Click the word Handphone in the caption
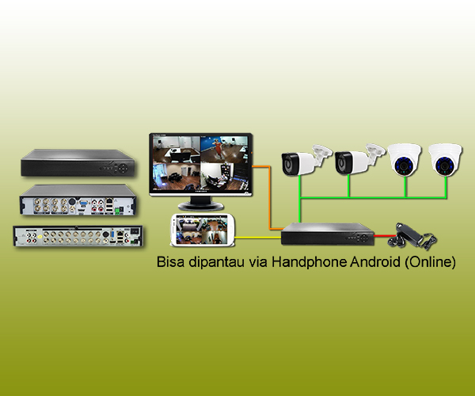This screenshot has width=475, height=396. (x=310, y=261)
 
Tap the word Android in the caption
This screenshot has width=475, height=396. (x=375, y=261)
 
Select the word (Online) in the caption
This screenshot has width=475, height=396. (x=430, y=262)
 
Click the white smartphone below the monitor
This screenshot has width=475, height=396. (x=203, y=230)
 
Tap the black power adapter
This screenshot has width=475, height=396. (x=412, y=236)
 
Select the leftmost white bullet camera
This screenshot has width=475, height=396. (x=306, y=160)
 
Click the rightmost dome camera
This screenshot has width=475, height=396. (x=445, y=159)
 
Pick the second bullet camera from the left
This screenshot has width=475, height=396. (x=359, y=159)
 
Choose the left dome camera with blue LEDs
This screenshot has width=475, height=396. (x=404, y=159)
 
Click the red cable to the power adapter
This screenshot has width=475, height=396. (x=384, y=235)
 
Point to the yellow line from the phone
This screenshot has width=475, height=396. (x=258, y=238)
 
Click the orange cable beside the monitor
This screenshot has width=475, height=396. (x=269, y=197)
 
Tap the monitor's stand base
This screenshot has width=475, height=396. (x=201, y=207)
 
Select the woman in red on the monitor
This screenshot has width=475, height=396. (x=217, y=147)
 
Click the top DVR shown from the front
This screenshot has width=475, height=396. (x=78, y=162)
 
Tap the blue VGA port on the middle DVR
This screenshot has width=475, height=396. (x=83, y=203)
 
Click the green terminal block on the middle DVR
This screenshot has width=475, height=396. (x=117, y=211)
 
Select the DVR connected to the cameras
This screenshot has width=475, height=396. (x=328, y=234)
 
